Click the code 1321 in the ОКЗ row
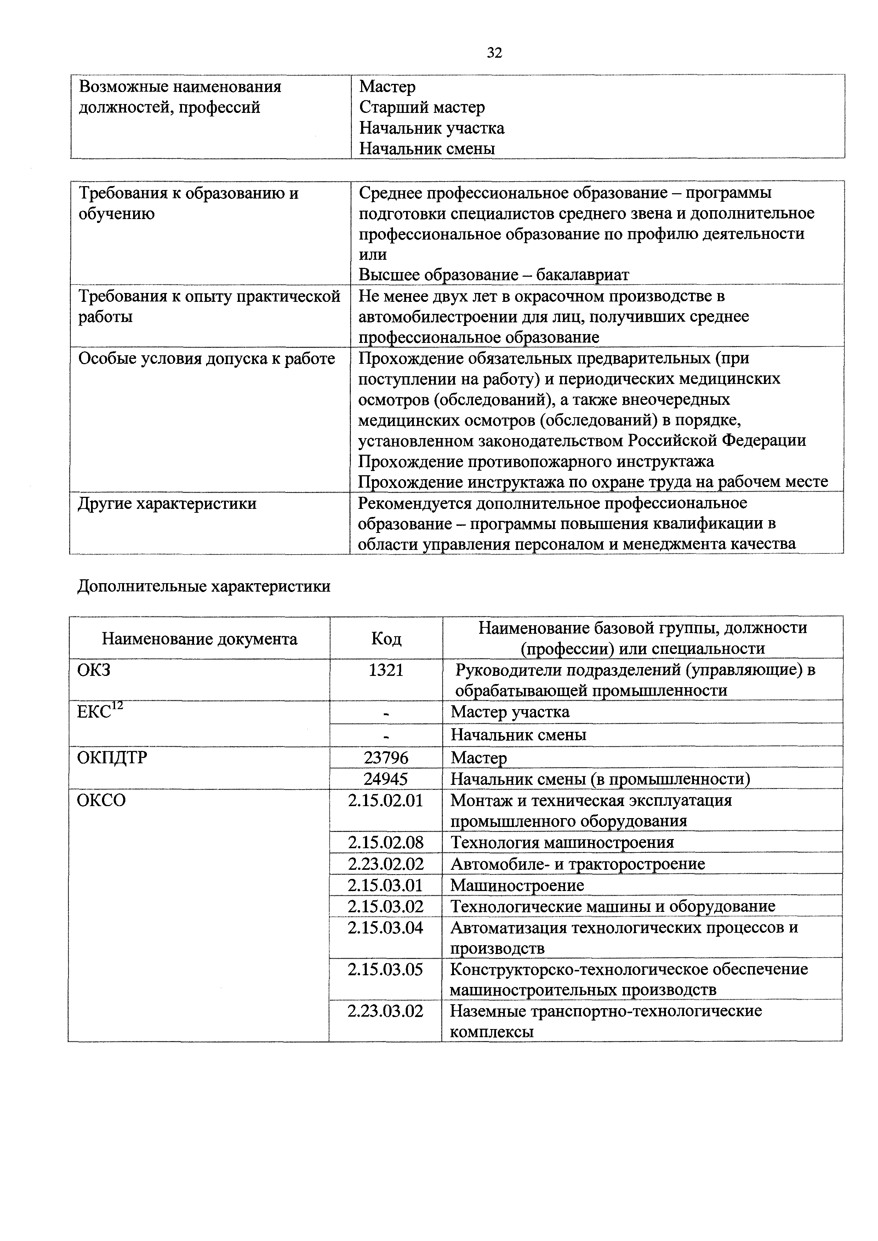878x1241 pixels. pyautogui.click(x=386, y=670)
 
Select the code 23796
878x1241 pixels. pyautogui.click(x=386, y=758)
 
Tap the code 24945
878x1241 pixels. pyautogui.click(x=386, y=779)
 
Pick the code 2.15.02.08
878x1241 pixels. pyautogui.click(x=386, y=842)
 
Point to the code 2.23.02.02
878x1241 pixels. pyautogui.click(x=386, y=864)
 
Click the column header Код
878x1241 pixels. pyautogui.click(x=386, y=639)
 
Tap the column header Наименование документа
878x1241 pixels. pyautogui.click(x=199, y=639)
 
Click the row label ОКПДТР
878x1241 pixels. pyautogui.click(x=112, y=758)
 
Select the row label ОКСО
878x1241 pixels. pyautogui.click(x=101, y=800)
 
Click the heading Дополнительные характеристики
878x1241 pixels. pyautogui.click(x=204, y=586)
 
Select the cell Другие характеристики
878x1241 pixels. pyautogui.click(x=167, y=504)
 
